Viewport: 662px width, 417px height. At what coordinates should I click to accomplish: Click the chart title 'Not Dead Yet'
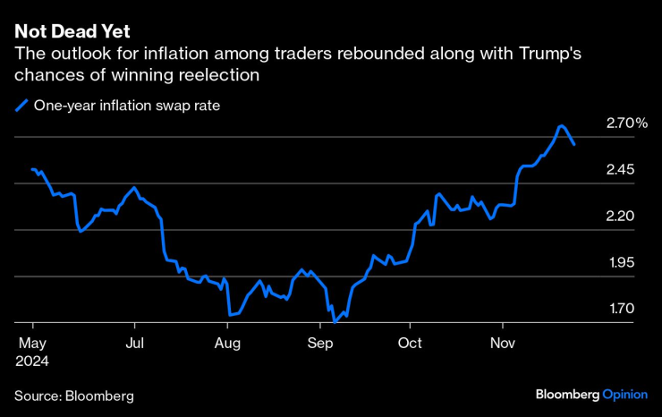(x=72, y=31)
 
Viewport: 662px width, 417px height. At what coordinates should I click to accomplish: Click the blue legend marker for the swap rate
(x=21, y=106)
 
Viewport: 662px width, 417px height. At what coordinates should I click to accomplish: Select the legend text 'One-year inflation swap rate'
(x=126, y=106)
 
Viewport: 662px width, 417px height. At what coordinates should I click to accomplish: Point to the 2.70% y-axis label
(x=626, y=123)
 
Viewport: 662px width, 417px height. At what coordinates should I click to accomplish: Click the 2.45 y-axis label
(x=621, y=169)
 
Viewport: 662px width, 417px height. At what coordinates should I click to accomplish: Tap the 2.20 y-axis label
(x=621, y=216)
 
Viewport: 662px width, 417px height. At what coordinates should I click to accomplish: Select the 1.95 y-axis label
(x=621, y=262)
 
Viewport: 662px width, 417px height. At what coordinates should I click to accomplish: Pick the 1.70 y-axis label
(x=621, y=309)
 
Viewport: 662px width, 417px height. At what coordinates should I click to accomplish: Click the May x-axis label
(x=31, y=343)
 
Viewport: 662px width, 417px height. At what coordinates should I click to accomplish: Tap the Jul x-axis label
(x=134, y=343)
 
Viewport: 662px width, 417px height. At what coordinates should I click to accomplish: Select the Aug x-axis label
(x=229, y=343)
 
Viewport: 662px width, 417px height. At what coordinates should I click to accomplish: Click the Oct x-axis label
(x=410, y=343)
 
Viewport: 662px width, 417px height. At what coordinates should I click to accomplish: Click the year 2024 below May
(x=32, y=361)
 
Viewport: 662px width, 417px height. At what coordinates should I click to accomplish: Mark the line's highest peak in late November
(x=561, y=126)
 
